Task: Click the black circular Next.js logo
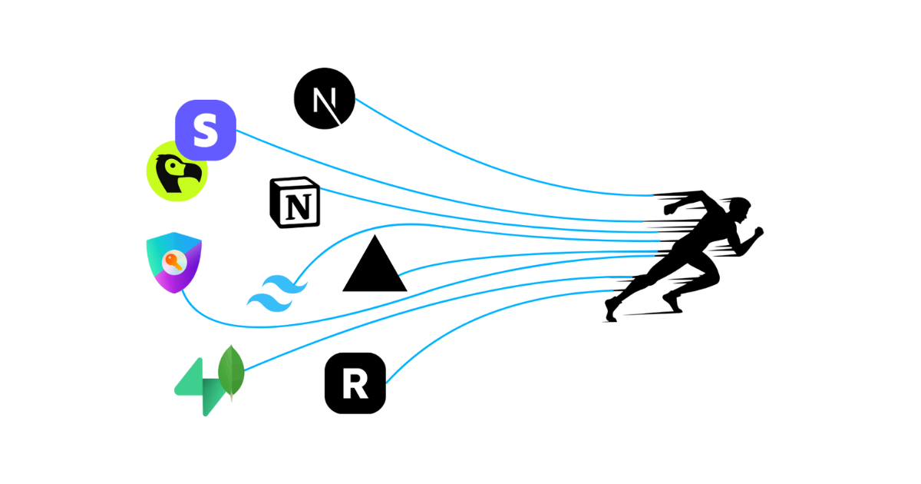(325, 98)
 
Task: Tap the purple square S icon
(205, 130)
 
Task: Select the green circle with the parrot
(177, 171)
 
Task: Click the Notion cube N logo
(295, 203)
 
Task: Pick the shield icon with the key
(173, 262)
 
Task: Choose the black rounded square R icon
(355, 383)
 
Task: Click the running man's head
(738, 209)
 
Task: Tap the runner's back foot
(612, 310)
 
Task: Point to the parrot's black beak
(192, 174)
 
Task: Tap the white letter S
(205, 130)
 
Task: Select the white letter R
(355, 384)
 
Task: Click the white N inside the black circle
(324, 99)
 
